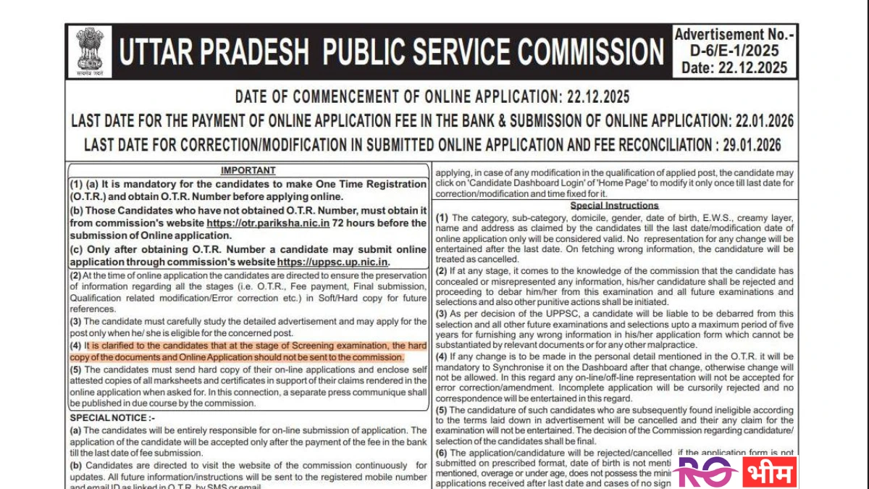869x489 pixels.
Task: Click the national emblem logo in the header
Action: (x=91, y=51)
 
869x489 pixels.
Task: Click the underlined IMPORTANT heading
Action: (x=248, y=170)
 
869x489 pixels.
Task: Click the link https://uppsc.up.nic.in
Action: (x=332, y=262)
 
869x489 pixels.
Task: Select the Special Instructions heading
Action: (x=614, y=206)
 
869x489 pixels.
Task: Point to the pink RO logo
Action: (x=705, y=472)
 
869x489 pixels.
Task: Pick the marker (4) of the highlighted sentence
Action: (x=75, y=346)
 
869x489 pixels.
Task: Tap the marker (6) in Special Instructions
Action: (x=441, y=453)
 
